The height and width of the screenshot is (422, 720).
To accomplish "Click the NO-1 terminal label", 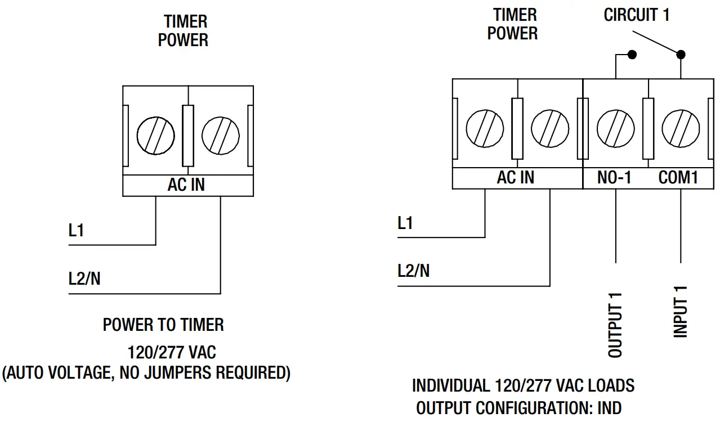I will [614, 178].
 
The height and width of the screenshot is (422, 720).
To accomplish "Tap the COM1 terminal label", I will [678, 178].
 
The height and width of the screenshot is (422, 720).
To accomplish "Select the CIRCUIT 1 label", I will [637, 15].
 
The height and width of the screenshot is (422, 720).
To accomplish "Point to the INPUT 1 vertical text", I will [681, 311].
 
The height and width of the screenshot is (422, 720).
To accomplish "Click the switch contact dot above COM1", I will [681, 55].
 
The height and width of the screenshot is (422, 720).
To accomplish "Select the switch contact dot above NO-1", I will [632, 55].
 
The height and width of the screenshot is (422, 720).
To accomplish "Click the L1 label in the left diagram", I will [76, 231].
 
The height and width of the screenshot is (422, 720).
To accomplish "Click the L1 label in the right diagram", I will [405, 223].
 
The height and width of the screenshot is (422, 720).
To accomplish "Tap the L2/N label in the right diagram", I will [413, 271].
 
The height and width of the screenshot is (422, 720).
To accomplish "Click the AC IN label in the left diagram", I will [186, 185].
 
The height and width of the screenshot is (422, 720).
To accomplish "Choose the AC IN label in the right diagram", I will [516, 178].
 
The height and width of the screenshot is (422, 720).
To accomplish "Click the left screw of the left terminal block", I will [155, 136].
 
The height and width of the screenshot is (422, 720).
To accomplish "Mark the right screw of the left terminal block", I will [221, 136].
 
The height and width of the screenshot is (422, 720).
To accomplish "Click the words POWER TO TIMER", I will [163, 325].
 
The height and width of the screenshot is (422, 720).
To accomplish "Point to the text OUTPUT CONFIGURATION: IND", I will [519, 408].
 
